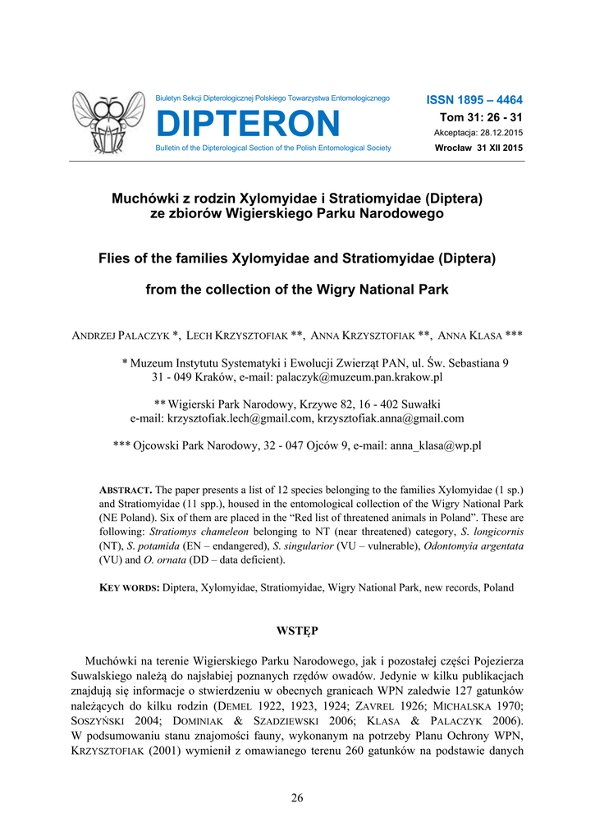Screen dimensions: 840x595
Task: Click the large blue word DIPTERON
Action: [247, 124]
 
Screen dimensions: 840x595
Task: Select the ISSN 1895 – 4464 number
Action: [474, 99]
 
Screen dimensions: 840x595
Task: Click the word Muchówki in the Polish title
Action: [144, 198]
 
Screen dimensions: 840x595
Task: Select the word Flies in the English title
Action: [117, 258]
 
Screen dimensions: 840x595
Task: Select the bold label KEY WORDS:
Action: [129, 587]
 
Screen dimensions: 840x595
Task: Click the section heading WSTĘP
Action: [296, 630]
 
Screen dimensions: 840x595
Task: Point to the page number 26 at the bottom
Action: [297, 798]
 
